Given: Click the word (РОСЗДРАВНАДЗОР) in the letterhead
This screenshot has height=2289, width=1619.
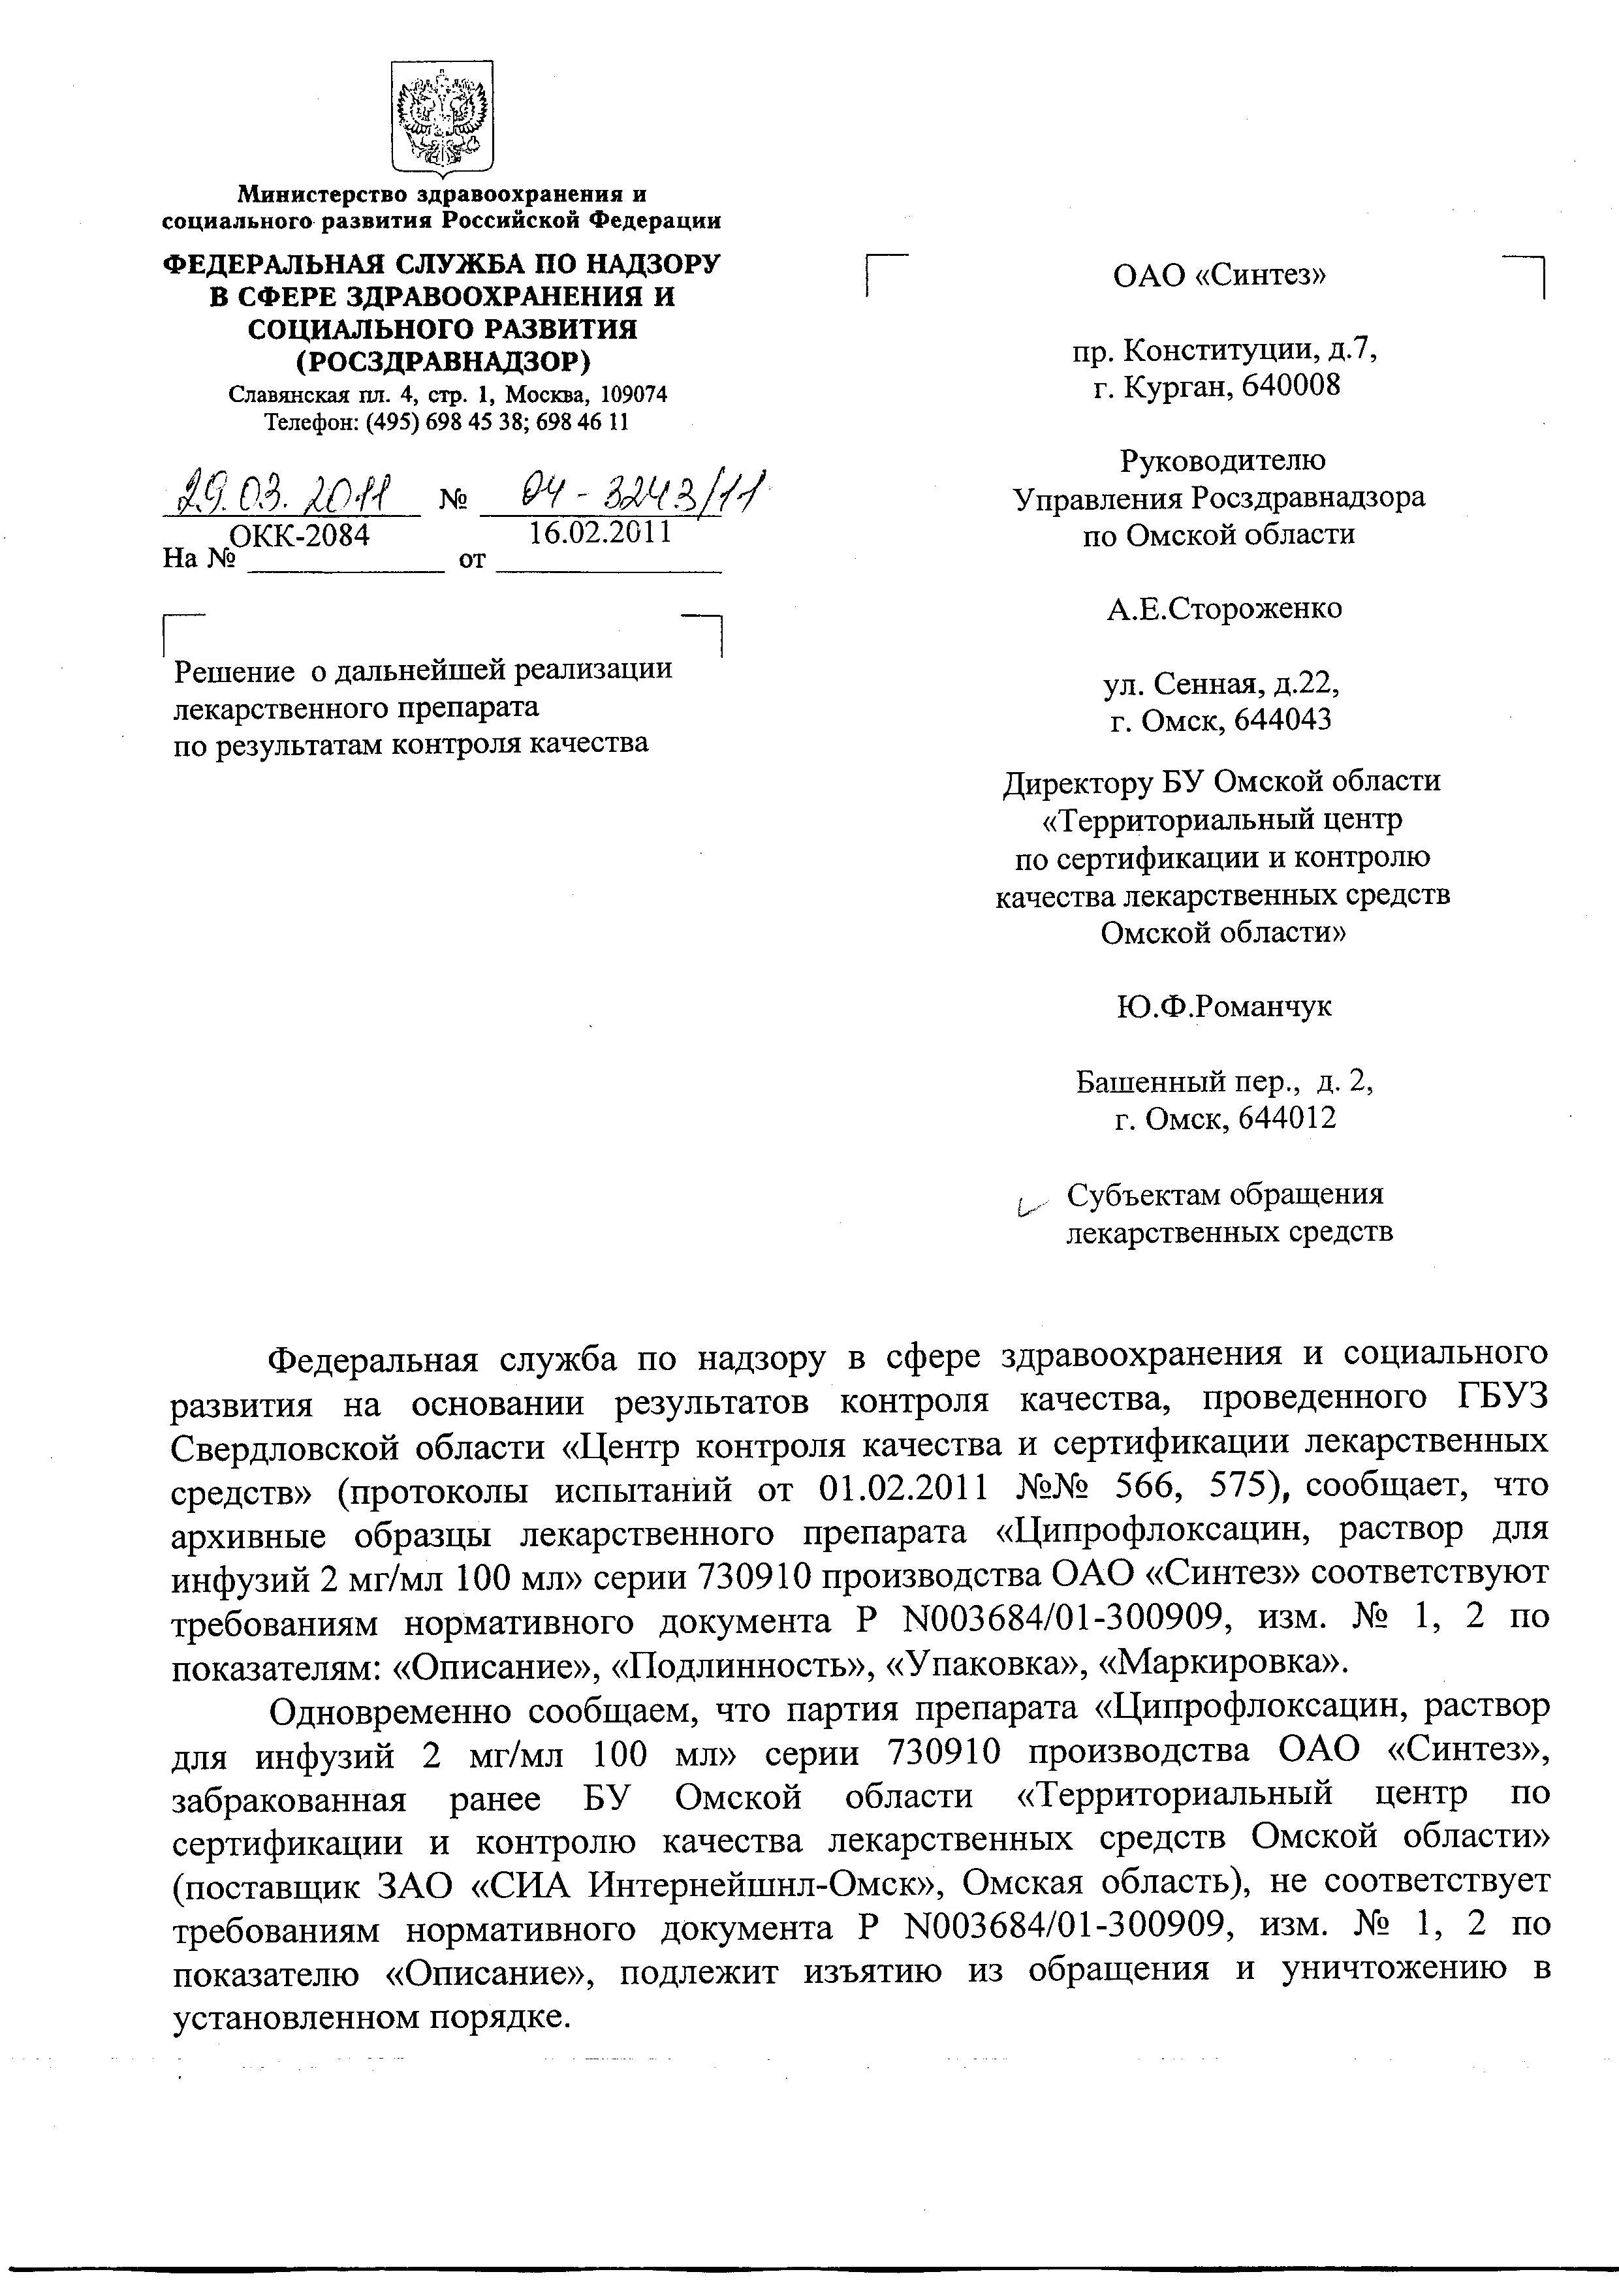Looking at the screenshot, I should click(443, 359).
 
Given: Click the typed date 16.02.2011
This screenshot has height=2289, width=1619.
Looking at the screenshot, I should click(599, 533).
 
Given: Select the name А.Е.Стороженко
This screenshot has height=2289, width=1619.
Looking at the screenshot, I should click(1224, 608).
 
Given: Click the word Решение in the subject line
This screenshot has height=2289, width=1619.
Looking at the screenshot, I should click(234, 671).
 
